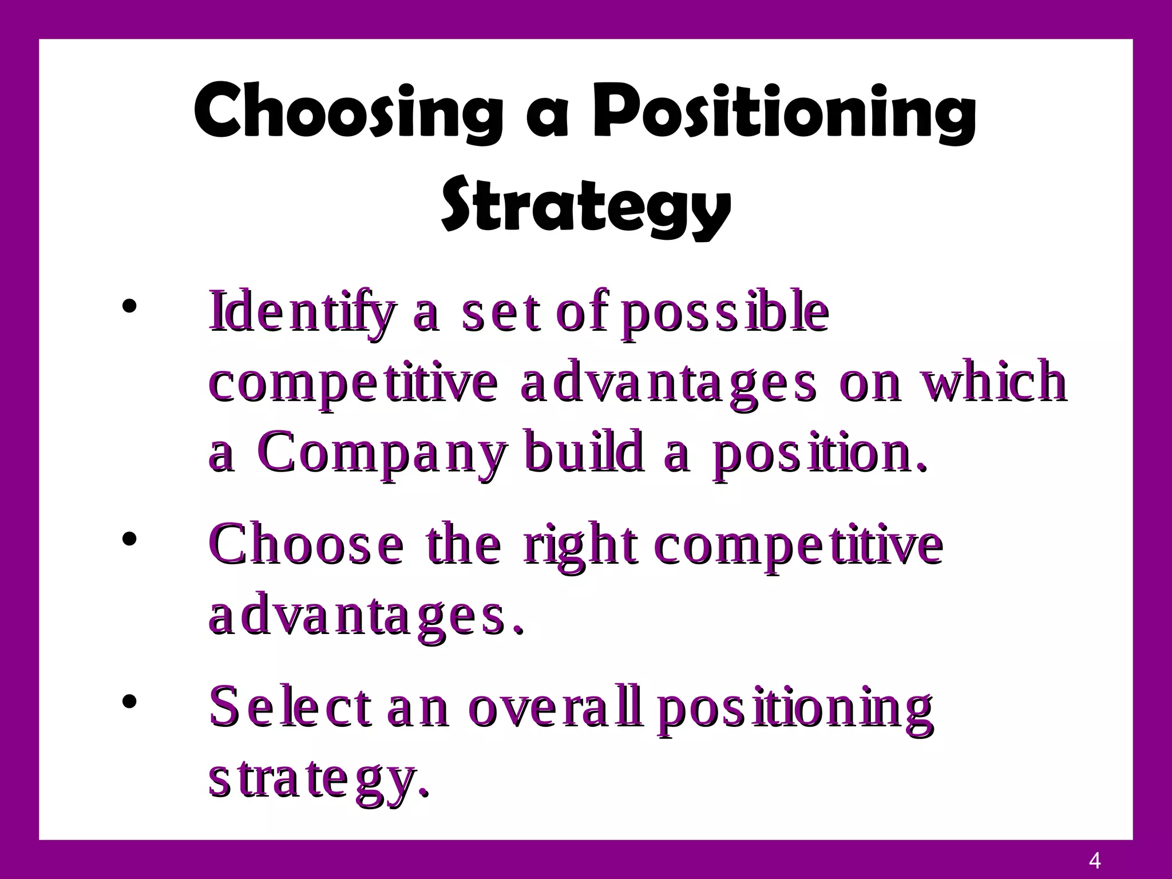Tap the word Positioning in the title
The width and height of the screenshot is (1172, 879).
tap(784, 112)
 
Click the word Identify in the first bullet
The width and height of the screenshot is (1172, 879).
tap(302, 313)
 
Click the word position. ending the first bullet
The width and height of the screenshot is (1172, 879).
tap(818, 452)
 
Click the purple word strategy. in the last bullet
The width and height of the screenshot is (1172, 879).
tap(318, 781)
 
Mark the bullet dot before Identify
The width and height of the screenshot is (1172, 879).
tap(130, 306)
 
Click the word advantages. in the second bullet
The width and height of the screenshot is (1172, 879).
tap(366, 618)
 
